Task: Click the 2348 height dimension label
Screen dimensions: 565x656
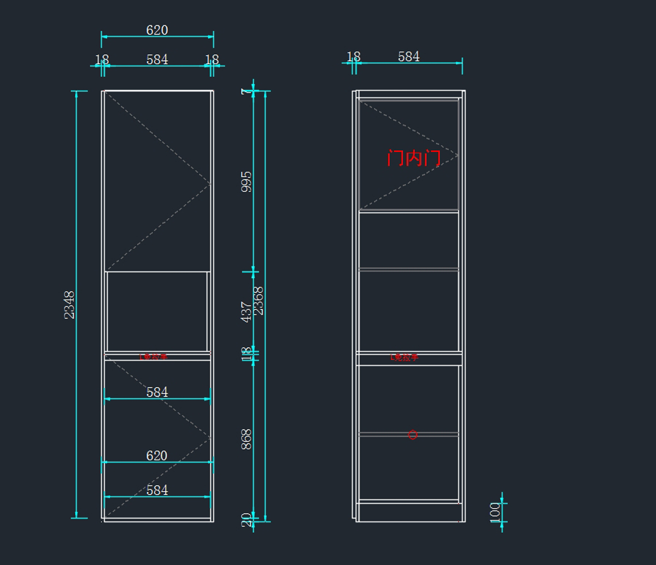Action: coord(69,304)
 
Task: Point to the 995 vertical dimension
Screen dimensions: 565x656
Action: coord(247,181)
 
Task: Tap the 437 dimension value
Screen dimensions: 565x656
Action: coord(247,311)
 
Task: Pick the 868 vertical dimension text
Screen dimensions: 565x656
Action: coord(247,439)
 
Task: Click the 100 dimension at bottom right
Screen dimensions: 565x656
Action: coord(495,512)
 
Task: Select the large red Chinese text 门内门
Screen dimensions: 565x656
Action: coord(413,158)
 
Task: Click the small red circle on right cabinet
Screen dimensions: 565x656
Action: coord(413,435)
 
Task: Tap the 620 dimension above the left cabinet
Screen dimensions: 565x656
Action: coord(157,30)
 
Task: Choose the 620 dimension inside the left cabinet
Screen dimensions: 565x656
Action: coord(157,456)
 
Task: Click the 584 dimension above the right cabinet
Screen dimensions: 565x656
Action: coord(408,57)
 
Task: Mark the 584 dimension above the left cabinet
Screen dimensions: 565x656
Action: coord(157,60)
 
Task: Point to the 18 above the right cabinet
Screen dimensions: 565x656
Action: coord(354,57)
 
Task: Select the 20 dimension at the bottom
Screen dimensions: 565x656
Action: coord(247,519)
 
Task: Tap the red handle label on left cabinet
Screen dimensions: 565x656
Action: coord(153,357)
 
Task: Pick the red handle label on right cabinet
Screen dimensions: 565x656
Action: coord(405,357)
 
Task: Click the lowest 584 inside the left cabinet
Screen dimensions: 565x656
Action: coord(157,490)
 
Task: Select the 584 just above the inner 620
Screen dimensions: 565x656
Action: coord(157,392)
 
